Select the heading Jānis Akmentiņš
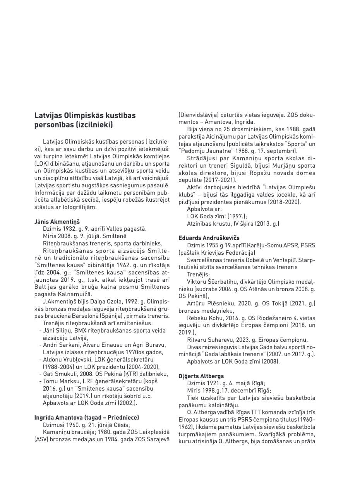[x=57, y=222]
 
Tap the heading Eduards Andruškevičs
[x=209, y=238]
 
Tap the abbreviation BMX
[x=81, y=331]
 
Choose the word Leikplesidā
[x=153, y=432]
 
